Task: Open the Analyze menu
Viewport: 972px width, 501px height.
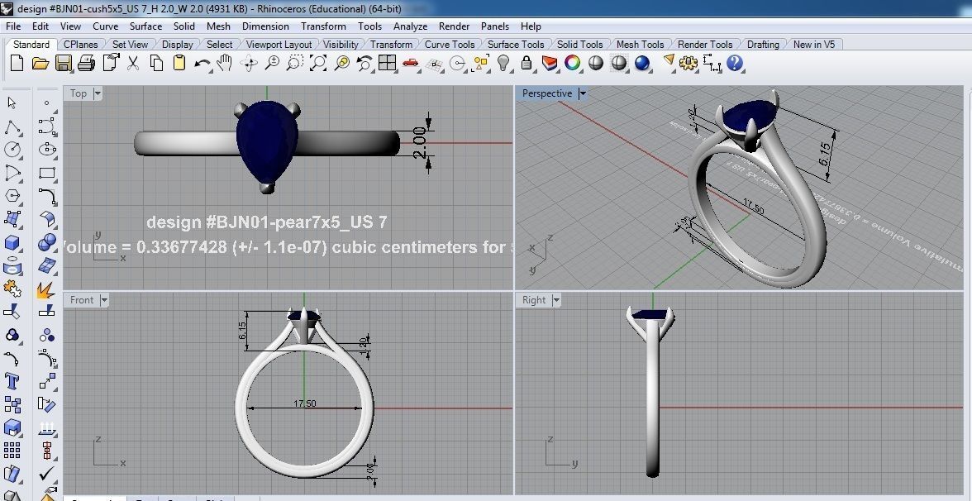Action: point(410,26)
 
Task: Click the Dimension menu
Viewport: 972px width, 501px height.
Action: point(265,26)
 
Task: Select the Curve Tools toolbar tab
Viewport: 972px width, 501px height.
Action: point(450,45)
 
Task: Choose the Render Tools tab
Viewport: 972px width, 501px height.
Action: point(704,45)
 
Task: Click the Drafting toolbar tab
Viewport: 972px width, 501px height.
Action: point(763,45)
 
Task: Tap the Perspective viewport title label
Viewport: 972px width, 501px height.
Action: point(546,93)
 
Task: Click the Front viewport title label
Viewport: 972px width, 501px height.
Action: point(82,300)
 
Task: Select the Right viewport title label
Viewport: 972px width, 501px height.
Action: point(534,300)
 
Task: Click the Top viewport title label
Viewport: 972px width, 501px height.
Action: point(79,93)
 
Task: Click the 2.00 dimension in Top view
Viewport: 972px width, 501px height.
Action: point(419,142)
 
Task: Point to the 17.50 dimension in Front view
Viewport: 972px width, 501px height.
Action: point(304,403)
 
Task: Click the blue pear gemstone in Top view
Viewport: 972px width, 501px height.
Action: point(266,136)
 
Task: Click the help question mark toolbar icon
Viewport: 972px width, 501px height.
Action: point(735,63)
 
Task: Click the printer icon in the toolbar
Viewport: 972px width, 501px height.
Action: point(88,63)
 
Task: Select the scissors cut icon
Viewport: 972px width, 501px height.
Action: point(132,63)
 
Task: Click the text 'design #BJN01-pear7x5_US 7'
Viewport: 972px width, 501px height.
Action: point(266,222)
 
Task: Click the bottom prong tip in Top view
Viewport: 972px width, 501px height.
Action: point(266,188)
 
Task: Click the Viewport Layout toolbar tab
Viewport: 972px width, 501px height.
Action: point(279,45)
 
